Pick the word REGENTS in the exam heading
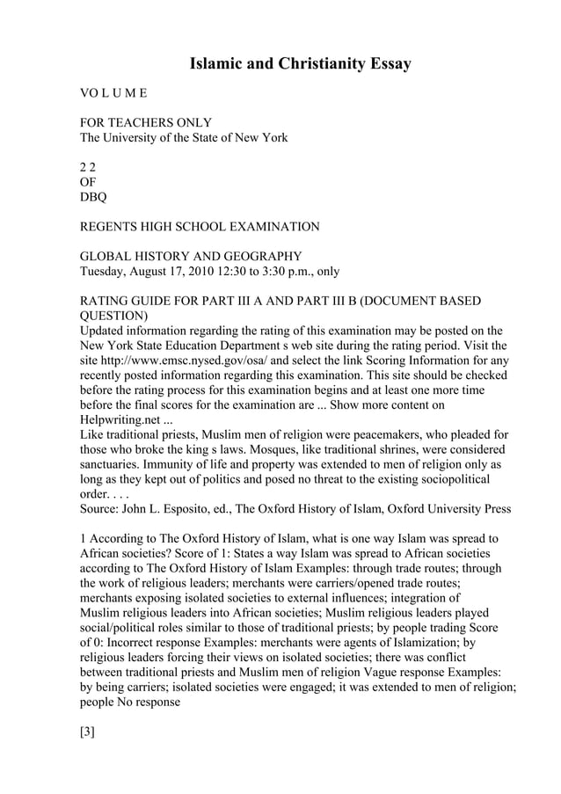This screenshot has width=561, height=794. click(111, 227)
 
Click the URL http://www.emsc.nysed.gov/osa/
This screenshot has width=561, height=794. click(192, 361)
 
